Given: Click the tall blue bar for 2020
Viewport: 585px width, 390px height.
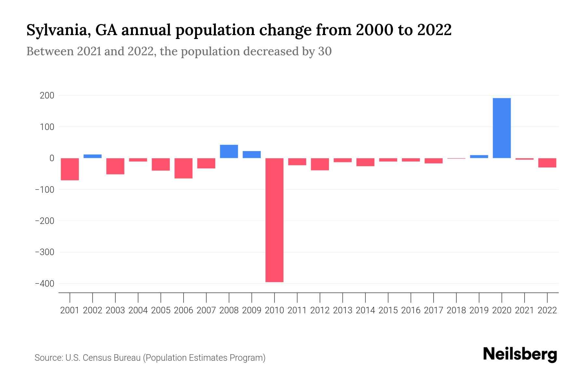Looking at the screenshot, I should coord(501,128).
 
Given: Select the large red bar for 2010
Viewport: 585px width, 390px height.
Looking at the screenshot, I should coord(274,220).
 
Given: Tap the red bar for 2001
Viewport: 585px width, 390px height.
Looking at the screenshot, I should coord(70,169).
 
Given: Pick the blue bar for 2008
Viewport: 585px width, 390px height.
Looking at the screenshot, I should coord(229,151).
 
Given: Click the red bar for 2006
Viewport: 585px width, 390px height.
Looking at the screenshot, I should coord(183,168).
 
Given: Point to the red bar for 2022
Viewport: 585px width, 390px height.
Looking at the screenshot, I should coord(547,163).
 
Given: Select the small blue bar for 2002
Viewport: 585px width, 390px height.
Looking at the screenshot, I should coord(93,156).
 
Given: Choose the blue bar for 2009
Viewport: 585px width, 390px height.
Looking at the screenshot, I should coord(252,155).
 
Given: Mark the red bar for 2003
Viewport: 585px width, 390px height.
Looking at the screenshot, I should coord(115,166).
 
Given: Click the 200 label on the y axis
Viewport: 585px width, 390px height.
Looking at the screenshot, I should coord(47,96).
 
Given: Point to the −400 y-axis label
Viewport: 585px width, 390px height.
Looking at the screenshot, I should coord(45,284).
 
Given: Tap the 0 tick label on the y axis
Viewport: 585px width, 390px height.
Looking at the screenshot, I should coord(51,158).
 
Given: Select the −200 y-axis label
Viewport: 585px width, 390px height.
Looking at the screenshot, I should coord(45,221).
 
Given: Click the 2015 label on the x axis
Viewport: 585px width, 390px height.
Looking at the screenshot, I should coord(388,310).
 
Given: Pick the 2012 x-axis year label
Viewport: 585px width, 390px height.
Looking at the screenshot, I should coord(320,310).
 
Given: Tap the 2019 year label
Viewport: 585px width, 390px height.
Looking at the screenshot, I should coord(479,310).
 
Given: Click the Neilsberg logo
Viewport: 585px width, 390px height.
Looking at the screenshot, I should coord(520,354).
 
